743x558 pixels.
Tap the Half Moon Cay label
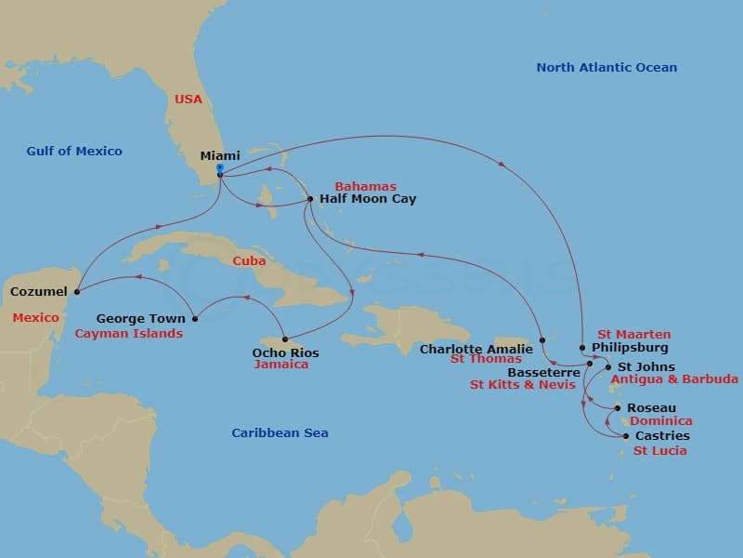point(368,199)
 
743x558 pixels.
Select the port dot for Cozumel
point(76,291)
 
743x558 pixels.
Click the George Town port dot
point(194,318)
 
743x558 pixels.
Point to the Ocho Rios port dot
point(285,339)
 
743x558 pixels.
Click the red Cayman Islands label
point(128,333)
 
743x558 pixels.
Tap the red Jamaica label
point(280,365)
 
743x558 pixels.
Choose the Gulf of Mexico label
point(74,152)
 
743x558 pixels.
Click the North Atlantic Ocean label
point(606,67)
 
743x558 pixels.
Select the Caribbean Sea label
point(280,432)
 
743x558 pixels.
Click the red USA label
point(189,99)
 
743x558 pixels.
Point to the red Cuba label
point(249,261)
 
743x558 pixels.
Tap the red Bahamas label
point(365,186)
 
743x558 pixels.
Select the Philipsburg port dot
point(582,348)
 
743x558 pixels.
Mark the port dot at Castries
point(626,436)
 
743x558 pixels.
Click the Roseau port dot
point(618,407)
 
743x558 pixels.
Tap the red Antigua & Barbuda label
point(674,379)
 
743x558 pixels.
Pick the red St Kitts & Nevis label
point(522,385)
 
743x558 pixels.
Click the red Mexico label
point(35,318)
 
